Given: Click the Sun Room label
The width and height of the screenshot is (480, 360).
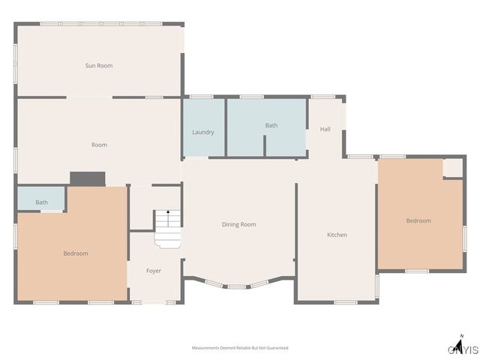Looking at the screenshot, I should pyautogui.click(x=99, y=66).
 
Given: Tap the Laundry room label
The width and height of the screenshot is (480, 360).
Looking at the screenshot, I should pyautogui.click(x=203, y=132).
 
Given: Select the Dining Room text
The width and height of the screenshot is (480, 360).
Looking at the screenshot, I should pyautogui.click(x=238, y=224).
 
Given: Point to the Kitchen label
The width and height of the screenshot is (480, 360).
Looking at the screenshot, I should pyautogui.click(x=337, y=235).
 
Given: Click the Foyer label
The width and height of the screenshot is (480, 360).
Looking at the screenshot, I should pyautogui.click(x=154, y=271).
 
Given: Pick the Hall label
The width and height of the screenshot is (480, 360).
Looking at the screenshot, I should pyautogui.click(x=325, y=129).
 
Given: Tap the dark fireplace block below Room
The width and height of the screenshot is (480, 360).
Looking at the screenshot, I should pyautogui.click(x=88, y=178).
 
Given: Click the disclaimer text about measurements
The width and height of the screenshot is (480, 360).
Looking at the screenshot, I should pyautogui.click(x=240, y=348).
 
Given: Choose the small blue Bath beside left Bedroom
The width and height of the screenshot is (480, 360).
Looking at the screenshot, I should pyautogui.click(x=41, y=202).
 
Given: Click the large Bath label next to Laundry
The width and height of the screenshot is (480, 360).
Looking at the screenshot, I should pyautogui.click(x=271, y=125).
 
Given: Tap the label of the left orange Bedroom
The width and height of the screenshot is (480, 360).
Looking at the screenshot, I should pyautogui.click(x=76, y=253).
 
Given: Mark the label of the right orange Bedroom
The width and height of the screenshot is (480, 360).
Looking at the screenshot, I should pyautogui.click(x=418, y=220).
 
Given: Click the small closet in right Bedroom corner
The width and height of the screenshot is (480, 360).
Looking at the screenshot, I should pyautogui.click(x=453, y=167).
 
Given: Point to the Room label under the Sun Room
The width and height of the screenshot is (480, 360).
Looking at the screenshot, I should pyautogui.click(x=99, y=145).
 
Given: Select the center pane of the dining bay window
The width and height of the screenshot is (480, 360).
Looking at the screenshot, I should pyautogui.click(x=236, y=286).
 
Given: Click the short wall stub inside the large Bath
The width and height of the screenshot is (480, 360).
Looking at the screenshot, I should pyautogui.click(x=265, y=145).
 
